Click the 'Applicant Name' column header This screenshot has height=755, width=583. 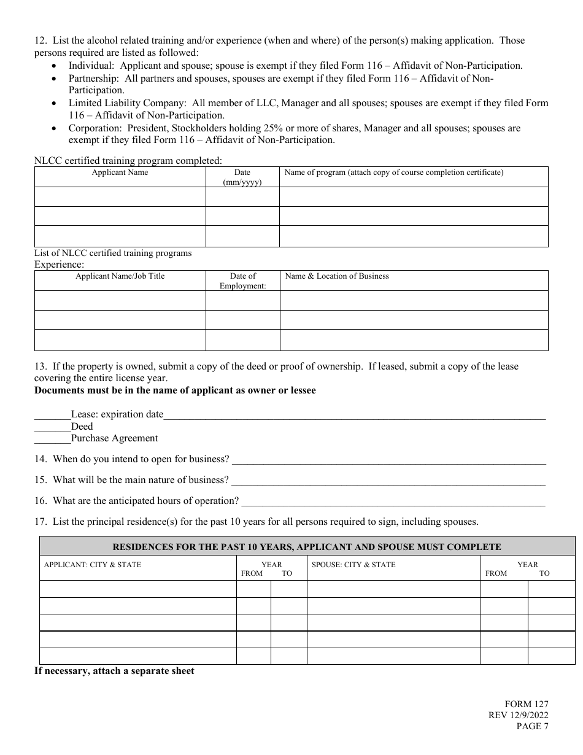[120, 172]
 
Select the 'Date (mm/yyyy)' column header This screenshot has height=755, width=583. [242, 177]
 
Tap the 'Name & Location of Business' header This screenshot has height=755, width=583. [337, 276]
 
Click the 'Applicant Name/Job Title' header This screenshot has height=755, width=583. [120, 276]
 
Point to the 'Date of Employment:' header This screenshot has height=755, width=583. [242, 281]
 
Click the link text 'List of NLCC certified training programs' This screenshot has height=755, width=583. [113, 253]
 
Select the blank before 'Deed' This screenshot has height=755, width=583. [52, 427]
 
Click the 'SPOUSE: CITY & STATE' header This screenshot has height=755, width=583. [353, 565]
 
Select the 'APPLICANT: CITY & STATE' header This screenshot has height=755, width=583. [92, 565]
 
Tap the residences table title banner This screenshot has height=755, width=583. [307, 547]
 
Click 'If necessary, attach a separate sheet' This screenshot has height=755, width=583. [114, 671]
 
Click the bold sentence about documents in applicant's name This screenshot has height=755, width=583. [175, 390]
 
